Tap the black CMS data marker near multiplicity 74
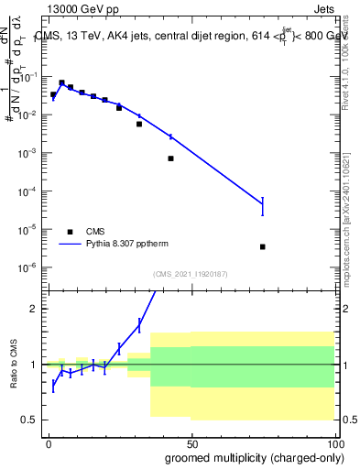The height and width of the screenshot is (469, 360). click(263, 246)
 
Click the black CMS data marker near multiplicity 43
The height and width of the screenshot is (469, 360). click(170, 158)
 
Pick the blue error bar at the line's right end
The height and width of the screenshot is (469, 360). click(263, 207)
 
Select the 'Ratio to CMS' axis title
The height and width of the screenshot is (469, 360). click(13, 365)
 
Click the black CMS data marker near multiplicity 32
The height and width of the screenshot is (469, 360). click(139, 124)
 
